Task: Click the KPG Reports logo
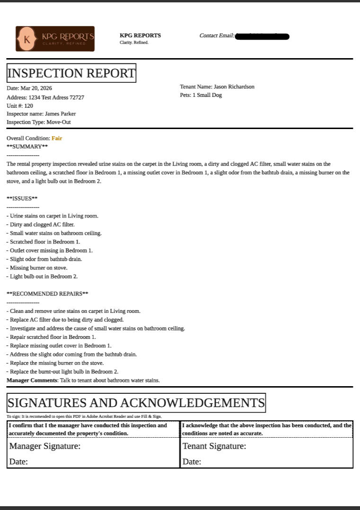[x=55, y=39]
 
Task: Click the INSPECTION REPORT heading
[x=71, y=73]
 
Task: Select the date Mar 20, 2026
[x=36, y=88]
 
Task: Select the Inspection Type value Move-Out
[x=59, y=122]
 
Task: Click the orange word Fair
[x=57, y=138]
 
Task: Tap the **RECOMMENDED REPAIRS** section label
[x=47, y=294]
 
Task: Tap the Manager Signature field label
[x=45, y=446]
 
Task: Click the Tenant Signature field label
[x=214, y=446]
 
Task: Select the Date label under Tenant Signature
[x=192, y=462]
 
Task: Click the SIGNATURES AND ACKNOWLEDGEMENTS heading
[x=136, y=403]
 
